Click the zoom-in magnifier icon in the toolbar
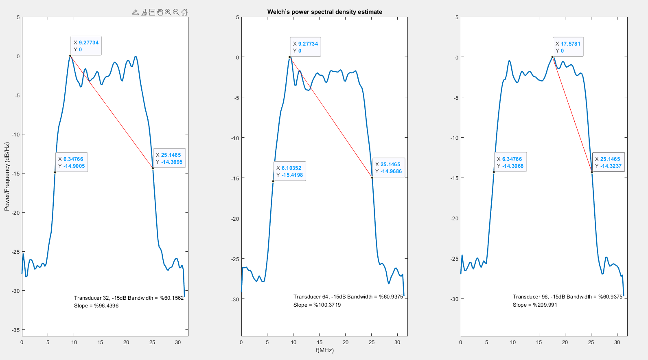point(168,12)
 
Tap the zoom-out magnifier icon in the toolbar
point(176,12)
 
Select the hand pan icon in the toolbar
point(160,12)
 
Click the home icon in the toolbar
point(184,12)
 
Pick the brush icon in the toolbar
point(144,12)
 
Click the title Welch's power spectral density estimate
point(324,12)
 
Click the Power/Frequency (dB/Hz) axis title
point(7,176)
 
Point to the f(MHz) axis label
point(324,350)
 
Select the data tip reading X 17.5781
point(568,47)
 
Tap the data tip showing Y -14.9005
point(72,162)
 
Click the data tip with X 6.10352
point(289,171)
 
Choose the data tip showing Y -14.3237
point(608,162)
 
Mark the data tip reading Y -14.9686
point(389,168)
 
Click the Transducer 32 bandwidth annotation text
point(129,298)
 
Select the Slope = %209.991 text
point(535,305)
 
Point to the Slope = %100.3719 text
point(317,305)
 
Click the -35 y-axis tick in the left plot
point(16,330)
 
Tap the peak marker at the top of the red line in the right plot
point(552,57)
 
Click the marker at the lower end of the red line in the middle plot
point(372,178)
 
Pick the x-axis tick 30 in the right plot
point(617,342)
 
